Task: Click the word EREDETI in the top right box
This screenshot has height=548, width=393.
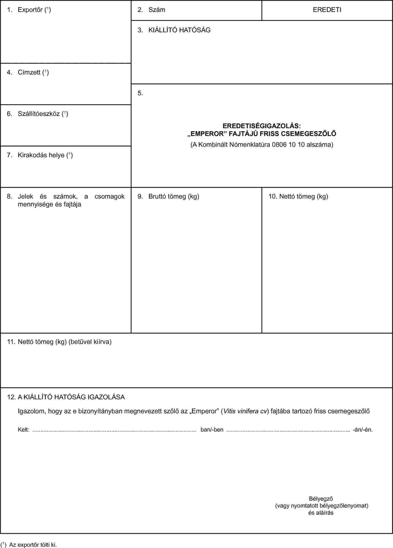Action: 327,10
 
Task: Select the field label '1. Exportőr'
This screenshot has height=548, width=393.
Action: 29,10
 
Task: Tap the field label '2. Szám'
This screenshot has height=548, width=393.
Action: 152,10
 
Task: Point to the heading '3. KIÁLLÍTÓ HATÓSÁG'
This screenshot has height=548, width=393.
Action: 174,30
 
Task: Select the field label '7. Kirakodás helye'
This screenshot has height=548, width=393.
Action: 40,155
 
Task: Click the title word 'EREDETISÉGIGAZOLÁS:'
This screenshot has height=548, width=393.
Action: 262,126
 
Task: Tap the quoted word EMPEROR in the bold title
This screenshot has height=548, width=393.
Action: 207,134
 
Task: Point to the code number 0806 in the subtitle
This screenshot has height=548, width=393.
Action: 279,145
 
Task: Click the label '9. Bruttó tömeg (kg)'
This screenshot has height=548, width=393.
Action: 168,197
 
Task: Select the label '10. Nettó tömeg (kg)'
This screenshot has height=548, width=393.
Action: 298,197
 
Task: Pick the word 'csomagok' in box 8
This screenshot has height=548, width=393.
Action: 110,197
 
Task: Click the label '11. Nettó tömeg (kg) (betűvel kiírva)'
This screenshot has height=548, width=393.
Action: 59,342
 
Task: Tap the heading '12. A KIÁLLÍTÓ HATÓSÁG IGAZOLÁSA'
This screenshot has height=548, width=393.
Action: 66,397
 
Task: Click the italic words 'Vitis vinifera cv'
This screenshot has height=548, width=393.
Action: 245,411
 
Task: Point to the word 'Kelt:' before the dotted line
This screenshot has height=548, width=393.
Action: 24,430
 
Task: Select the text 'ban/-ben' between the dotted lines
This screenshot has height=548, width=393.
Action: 212,430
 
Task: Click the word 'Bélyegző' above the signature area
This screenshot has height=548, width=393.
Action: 321,499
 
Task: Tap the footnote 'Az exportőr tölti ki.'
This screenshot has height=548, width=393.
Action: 33,545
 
